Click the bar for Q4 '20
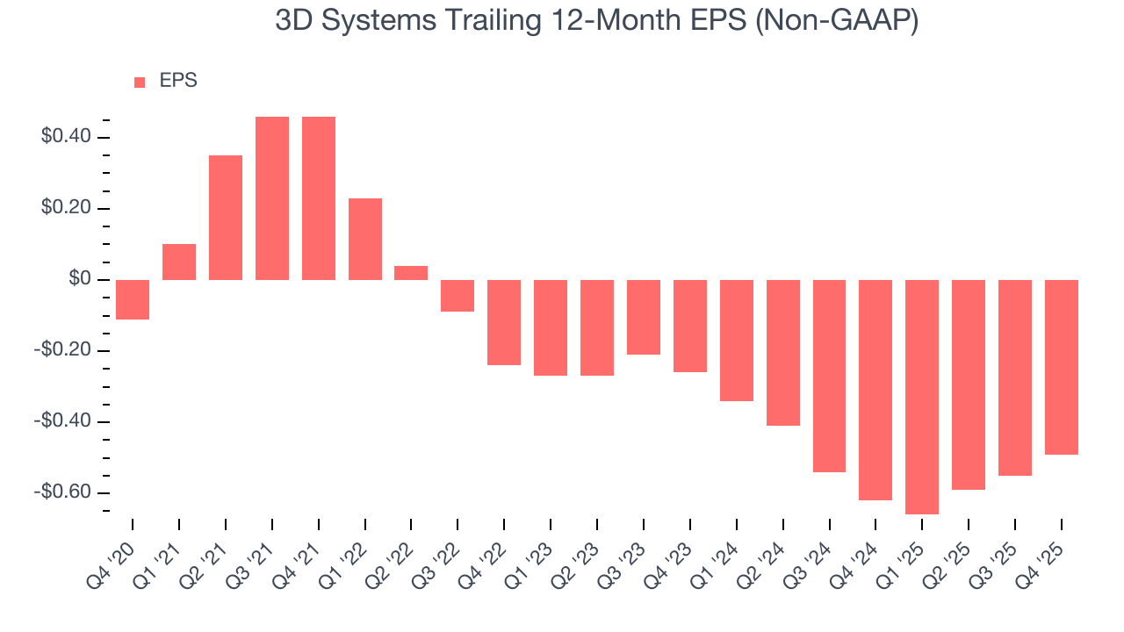tap(133, 299)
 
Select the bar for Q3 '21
tap(272, 198)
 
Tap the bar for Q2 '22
tap(411, 273)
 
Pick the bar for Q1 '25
tap(922, 397)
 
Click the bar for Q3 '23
tap(644, 317)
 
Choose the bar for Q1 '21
tap(179, 262)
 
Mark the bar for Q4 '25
tap(1061, 367)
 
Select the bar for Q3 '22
tap(458, 296)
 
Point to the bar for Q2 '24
tap(782, 353)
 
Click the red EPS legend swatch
tap(140, 83)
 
